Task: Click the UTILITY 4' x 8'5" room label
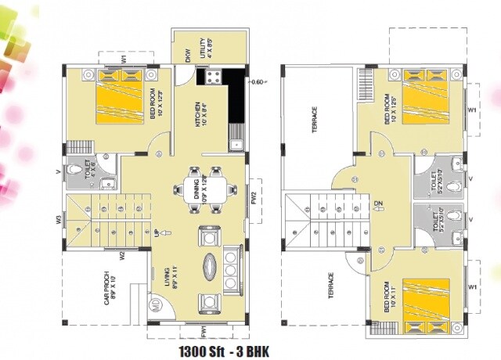(205, 49)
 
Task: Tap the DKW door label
(188, 54)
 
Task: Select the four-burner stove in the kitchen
(213, 77)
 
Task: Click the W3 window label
(59, 221)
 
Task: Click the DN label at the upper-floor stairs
(378, 206)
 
